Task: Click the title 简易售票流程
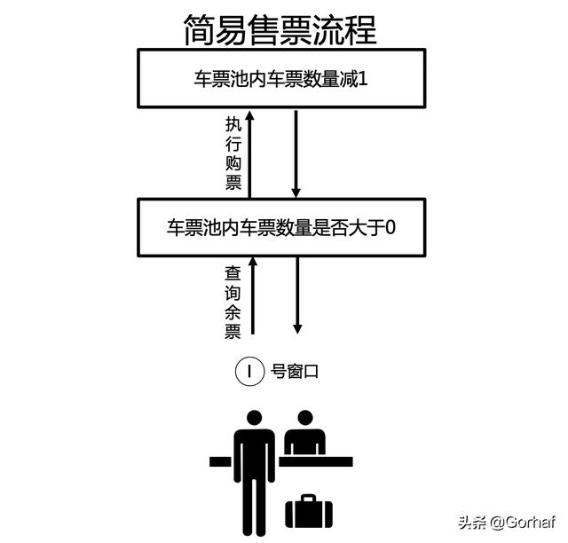click(x=280, y=29)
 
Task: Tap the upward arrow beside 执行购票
click(x=251, y=151)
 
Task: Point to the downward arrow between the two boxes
click(x=296, y=151)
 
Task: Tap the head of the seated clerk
click(x=306, y=419)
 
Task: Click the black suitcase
click(x=308, y=513)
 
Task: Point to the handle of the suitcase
click(x=308, y=498)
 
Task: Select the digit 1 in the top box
click(x=362, y=77)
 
